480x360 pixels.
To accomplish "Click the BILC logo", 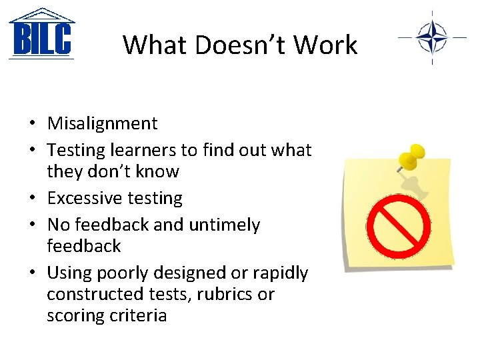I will (41, 34).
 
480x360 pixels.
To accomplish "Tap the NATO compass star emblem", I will (431, 37).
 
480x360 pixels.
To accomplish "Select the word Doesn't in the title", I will (236, 45).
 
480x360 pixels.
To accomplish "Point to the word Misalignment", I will (102, 123).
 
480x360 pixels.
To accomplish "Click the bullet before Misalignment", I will (32, 124).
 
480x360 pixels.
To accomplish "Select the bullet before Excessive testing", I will (32, 199).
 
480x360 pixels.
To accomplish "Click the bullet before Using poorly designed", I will (32, 273).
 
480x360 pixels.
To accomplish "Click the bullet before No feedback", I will (32, 225).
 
